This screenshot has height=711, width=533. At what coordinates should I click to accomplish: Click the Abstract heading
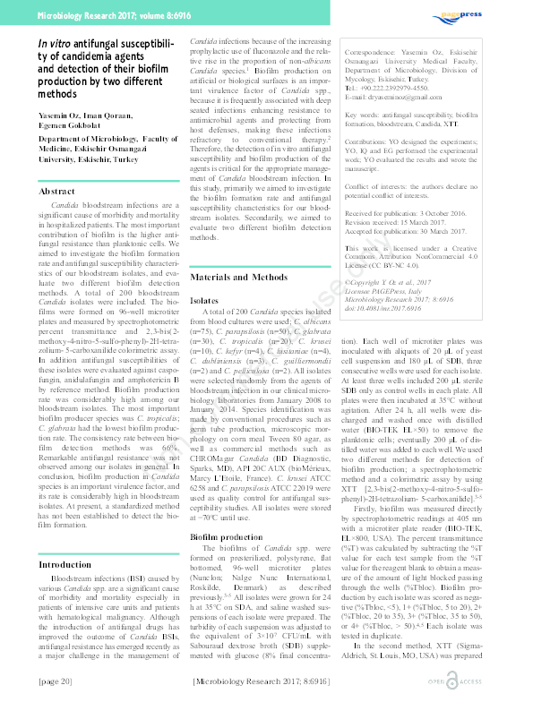point(52,192)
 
